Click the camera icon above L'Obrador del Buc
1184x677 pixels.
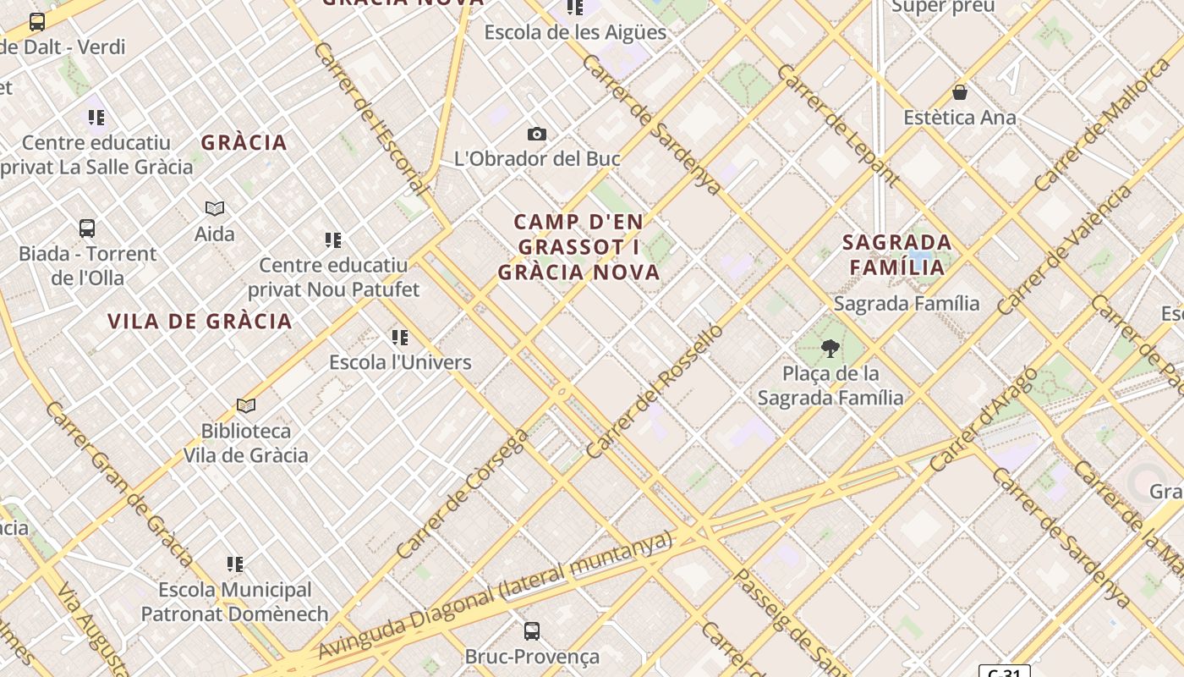click(x=536, y=134)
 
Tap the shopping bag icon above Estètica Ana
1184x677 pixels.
click(x=960, y=91)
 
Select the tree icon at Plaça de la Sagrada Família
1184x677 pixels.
click(x=830, y=348)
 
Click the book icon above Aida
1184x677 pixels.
click(x=215, y=208)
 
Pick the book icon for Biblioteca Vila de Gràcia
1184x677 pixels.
click(x=246, y=406)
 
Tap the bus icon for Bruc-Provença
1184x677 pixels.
click(x=531, y=630)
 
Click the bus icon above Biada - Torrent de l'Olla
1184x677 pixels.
click(x=87, y=228)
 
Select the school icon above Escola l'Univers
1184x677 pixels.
click(x=400, y=338)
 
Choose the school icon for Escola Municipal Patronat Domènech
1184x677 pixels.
click(x=235, y=564)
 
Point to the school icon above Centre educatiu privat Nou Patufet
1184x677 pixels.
click(x=333, y=240)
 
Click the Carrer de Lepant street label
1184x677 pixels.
click(x=837, y=124)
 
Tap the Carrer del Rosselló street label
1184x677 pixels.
click(x=655, y=390)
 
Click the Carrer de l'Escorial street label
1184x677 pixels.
click(x=367, y=118)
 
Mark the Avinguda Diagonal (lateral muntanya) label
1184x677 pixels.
click(x=496, y=595)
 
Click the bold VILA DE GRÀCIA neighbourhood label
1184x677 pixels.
click(x=200, y=321)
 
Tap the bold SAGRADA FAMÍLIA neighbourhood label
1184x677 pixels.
click(x=896, y=255)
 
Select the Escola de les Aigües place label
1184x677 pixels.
click(x=575, y=32)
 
